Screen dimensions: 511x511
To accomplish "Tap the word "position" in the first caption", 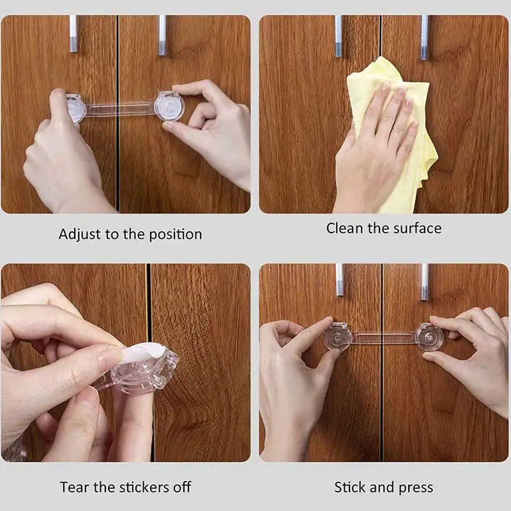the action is (x=176, y=234).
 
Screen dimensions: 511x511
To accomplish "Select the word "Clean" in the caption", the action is (x=344, y=228).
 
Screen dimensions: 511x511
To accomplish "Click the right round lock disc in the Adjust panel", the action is (x=169, y=106).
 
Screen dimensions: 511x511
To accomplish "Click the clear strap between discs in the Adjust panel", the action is (x=120, y=109).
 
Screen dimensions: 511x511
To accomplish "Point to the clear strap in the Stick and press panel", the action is (x=385, y=338).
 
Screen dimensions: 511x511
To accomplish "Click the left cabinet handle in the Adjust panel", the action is (x=73, y=34).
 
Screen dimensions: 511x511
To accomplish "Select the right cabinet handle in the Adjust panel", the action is (x=162, y=35).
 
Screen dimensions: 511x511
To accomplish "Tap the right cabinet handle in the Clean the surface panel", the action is (x=424, y=38).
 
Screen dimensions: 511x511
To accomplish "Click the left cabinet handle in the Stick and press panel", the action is (x=340, y=280).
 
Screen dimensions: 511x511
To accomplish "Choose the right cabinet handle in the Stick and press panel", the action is (x=424, y=282).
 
